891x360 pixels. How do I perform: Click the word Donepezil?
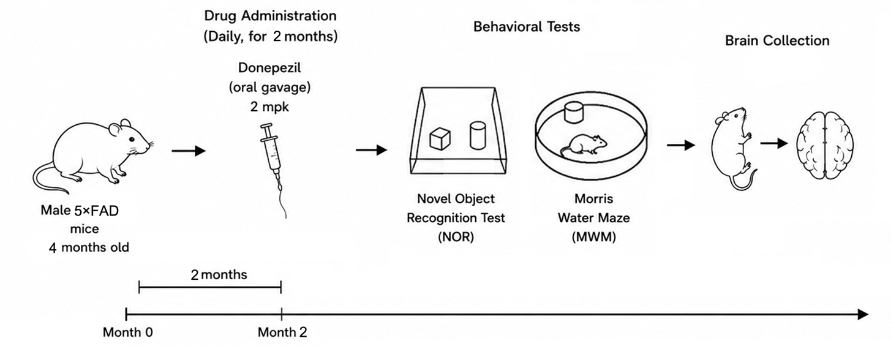point(269,68)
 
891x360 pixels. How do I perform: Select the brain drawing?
point(825,145)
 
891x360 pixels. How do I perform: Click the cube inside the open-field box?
point(440,139)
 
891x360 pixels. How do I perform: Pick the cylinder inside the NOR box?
point(477,135)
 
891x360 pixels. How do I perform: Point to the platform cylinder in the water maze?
point(574,112)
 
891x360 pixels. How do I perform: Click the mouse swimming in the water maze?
point(583,145)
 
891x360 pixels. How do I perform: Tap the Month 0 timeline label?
point(128,332)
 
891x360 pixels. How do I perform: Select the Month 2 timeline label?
point(282,332)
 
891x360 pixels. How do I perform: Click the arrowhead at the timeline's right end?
point(863,314)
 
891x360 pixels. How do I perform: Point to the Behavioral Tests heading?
point(527,27)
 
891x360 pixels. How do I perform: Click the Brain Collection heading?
point(777,40)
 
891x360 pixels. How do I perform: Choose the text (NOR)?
point(456,237)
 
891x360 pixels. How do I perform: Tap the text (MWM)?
point(594,237)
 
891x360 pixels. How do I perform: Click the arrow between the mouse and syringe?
point(189,151)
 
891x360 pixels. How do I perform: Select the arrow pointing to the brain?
point(773,143)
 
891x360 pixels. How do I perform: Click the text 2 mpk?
point(269,107)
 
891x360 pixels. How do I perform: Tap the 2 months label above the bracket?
point(219,274)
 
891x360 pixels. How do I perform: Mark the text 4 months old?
point(89,247)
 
